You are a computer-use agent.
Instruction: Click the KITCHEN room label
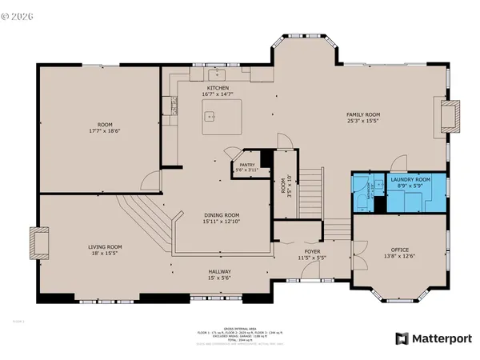218,87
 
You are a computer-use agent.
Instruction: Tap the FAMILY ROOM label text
362,114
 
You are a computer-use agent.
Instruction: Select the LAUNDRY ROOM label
410,180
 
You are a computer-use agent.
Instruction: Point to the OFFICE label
399,250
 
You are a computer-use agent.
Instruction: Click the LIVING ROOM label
105,246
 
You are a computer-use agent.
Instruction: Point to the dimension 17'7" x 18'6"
104,130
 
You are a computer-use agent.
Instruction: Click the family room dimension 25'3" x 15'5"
362,122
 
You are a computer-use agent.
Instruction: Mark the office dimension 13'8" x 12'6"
399,257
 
